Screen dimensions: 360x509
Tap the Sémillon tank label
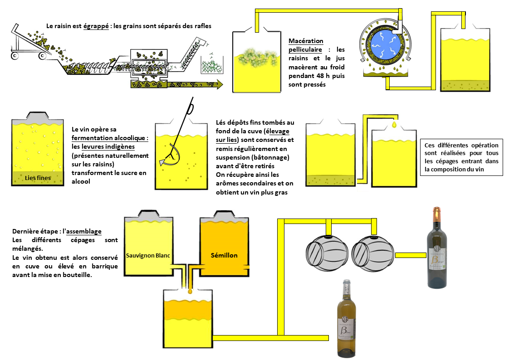(224, 255)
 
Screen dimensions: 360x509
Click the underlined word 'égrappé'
(96, 26)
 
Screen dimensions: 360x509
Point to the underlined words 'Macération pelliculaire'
(306, 45)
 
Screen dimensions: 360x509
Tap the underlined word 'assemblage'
(84, 231)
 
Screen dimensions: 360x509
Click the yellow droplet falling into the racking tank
(394, 123)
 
